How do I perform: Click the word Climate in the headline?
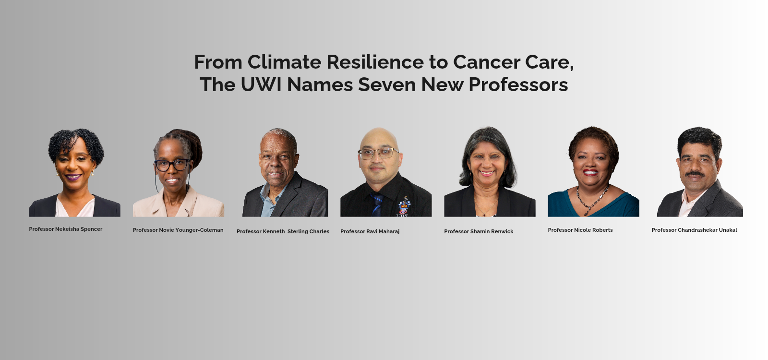(284, 62)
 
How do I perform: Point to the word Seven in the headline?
(387, 84)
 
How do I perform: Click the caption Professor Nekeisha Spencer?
(65, 229)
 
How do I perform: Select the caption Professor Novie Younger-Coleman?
(178, 230)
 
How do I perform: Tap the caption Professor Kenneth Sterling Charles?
(283, 231)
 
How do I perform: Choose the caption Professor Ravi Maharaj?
(370, 231)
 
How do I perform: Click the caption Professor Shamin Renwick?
(479, 231)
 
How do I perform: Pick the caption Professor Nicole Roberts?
(580, 230)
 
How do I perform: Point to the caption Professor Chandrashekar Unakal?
(694, 230)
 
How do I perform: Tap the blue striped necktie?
(377, 204)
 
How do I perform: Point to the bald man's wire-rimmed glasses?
(378, 153)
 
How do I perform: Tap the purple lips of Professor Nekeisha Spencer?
(73, 177)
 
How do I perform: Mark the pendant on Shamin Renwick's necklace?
(484, 215)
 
